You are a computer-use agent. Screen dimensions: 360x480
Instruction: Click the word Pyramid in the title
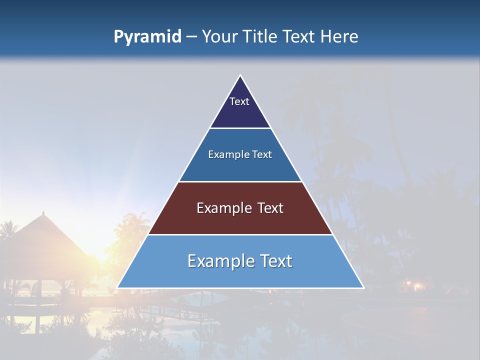click(x=147, y=37)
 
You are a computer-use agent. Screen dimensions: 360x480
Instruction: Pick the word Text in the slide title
click(x=299, y=37)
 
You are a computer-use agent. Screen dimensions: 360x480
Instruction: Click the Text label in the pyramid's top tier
click(x=239, y=101)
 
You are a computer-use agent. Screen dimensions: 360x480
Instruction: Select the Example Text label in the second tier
click(x=240, y=155)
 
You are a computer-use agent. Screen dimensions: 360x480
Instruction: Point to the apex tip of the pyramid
click(x=240, y=76)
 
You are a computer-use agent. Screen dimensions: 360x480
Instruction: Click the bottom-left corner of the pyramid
click(x=118, y=287)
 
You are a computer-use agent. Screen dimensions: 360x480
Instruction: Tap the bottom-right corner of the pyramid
click(x=363, y=287)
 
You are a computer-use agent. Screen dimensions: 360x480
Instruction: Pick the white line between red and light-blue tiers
click(x=240, y=234)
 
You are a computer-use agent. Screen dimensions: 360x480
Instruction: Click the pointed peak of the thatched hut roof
click(x=43, y=212)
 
